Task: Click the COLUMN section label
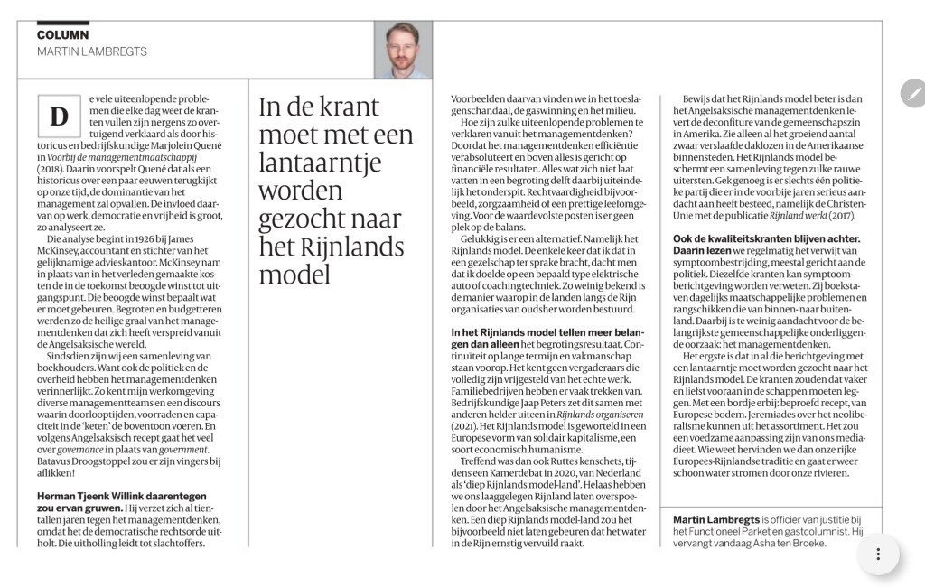tap(62, 34)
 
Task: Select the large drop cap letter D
tap(60, 116)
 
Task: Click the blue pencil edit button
tap(913, 92)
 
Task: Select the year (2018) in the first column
tap(55, 168)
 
